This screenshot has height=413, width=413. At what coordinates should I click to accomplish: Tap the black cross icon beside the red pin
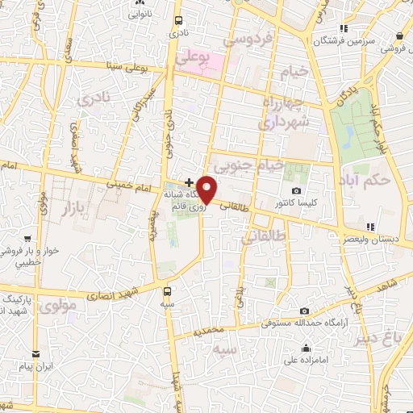point(189,182)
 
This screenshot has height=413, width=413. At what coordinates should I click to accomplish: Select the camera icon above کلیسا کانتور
point(296,190)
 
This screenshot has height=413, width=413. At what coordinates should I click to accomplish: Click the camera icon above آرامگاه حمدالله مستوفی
point(303,311)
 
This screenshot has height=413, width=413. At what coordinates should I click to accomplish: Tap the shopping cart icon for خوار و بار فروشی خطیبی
point(28,239)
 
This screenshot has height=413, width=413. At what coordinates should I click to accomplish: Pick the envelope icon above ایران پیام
point(35,354)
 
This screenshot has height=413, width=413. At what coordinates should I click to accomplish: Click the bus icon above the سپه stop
point(167,291)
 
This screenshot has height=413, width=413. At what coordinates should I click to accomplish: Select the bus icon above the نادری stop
point(177,22)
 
